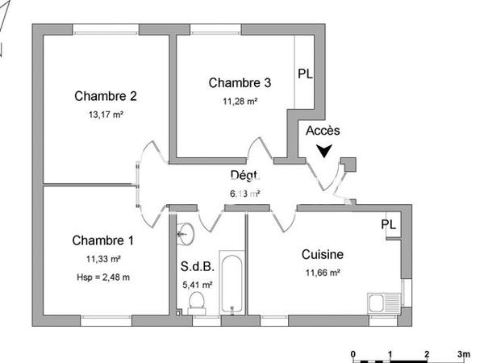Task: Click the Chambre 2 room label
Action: click(x=105, y=96)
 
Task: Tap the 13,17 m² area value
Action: click(x=105, y=115)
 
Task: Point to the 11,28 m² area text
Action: click(x=240, y=101)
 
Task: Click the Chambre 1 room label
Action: click(x=102, y=240)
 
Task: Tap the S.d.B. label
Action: click(x=198, y=267)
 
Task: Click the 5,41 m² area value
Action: click(x=198, y=285)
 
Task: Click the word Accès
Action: click(x=323, y=131)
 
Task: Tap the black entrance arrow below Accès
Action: click(x=324, y=150)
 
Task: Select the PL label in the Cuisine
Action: click(x=389, y=224)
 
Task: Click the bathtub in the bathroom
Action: click(x=231, y=285)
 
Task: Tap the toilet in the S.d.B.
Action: click(x=194, y=302)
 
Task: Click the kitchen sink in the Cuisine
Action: click(x=379, y=304)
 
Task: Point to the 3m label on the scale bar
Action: click(x=464, y=354)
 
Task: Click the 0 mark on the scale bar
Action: click(x=354, y=354)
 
